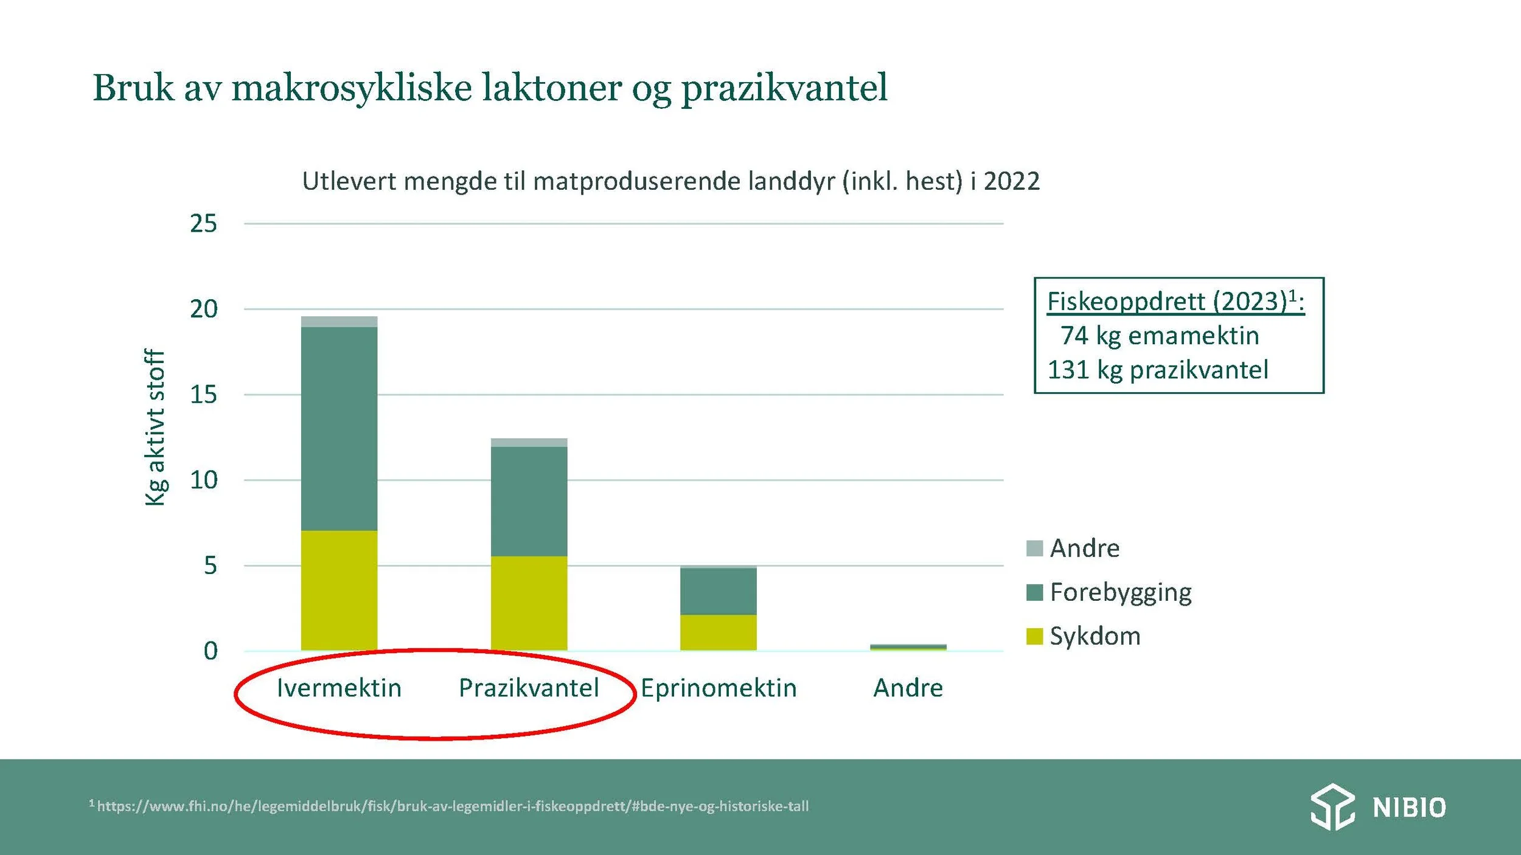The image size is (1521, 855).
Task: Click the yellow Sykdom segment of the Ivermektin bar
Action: point(339,590)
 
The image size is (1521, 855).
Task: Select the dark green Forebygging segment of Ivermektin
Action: point(339,429)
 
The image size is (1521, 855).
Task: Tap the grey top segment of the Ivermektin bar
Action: point(339,322)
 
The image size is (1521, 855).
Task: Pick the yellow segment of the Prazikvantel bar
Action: point(529,603)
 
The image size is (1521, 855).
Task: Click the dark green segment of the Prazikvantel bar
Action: point(529,501)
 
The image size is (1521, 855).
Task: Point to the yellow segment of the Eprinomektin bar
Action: point(718,632)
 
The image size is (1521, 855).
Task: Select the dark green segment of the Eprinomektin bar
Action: point(718,591)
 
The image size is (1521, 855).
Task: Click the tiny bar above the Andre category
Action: point(908,647)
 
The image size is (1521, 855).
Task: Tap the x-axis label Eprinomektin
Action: point(719,688)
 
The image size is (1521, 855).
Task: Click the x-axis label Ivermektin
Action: point(339,688)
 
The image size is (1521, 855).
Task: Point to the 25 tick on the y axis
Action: point(203,224)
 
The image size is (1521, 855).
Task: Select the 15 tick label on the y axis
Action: point(203,395)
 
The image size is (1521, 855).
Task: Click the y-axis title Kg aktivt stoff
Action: point(155,427)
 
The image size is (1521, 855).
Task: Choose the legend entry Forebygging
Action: point(1120,592)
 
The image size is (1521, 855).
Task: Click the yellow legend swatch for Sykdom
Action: point(1034,636)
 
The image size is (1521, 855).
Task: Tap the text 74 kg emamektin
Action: point(1159,336)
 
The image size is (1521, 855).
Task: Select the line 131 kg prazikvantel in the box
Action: point(1157,370)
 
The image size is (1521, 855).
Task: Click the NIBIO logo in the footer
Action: point(1378,807)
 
